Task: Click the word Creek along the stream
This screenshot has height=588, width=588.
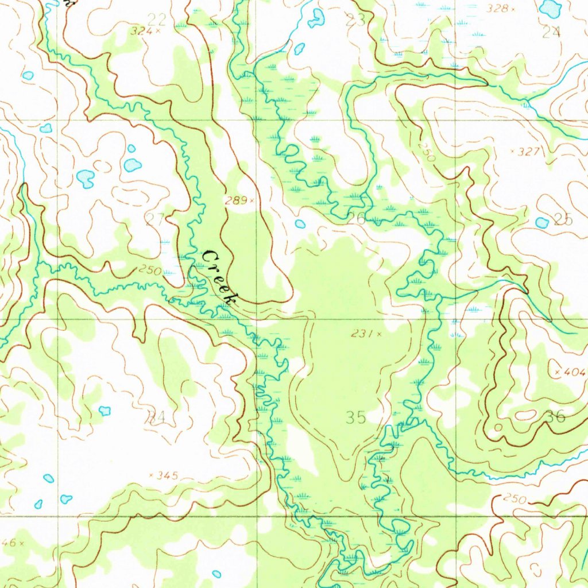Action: point(220,277)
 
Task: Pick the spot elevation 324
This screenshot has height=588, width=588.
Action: point(145,31)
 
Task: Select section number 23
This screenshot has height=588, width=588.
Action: point(355,20)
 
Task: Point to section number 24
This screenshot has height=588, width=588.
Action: point(551,32)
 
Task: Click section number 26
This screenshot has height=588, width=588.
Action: point(356,218)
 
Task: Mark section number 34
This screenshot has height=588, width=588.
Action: point(156,417)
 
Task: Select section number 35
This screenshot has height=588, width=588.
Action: point(355,417)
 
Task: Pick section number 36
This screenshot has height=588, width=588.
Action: point(555,416)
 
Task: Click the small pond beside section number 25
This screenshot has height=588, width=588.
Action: point(541,222)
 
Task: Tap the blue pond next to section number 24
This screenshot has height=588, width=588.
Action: point(551,8)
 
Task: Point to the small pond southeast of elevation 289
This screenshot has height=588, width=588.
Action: point(300,224)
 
